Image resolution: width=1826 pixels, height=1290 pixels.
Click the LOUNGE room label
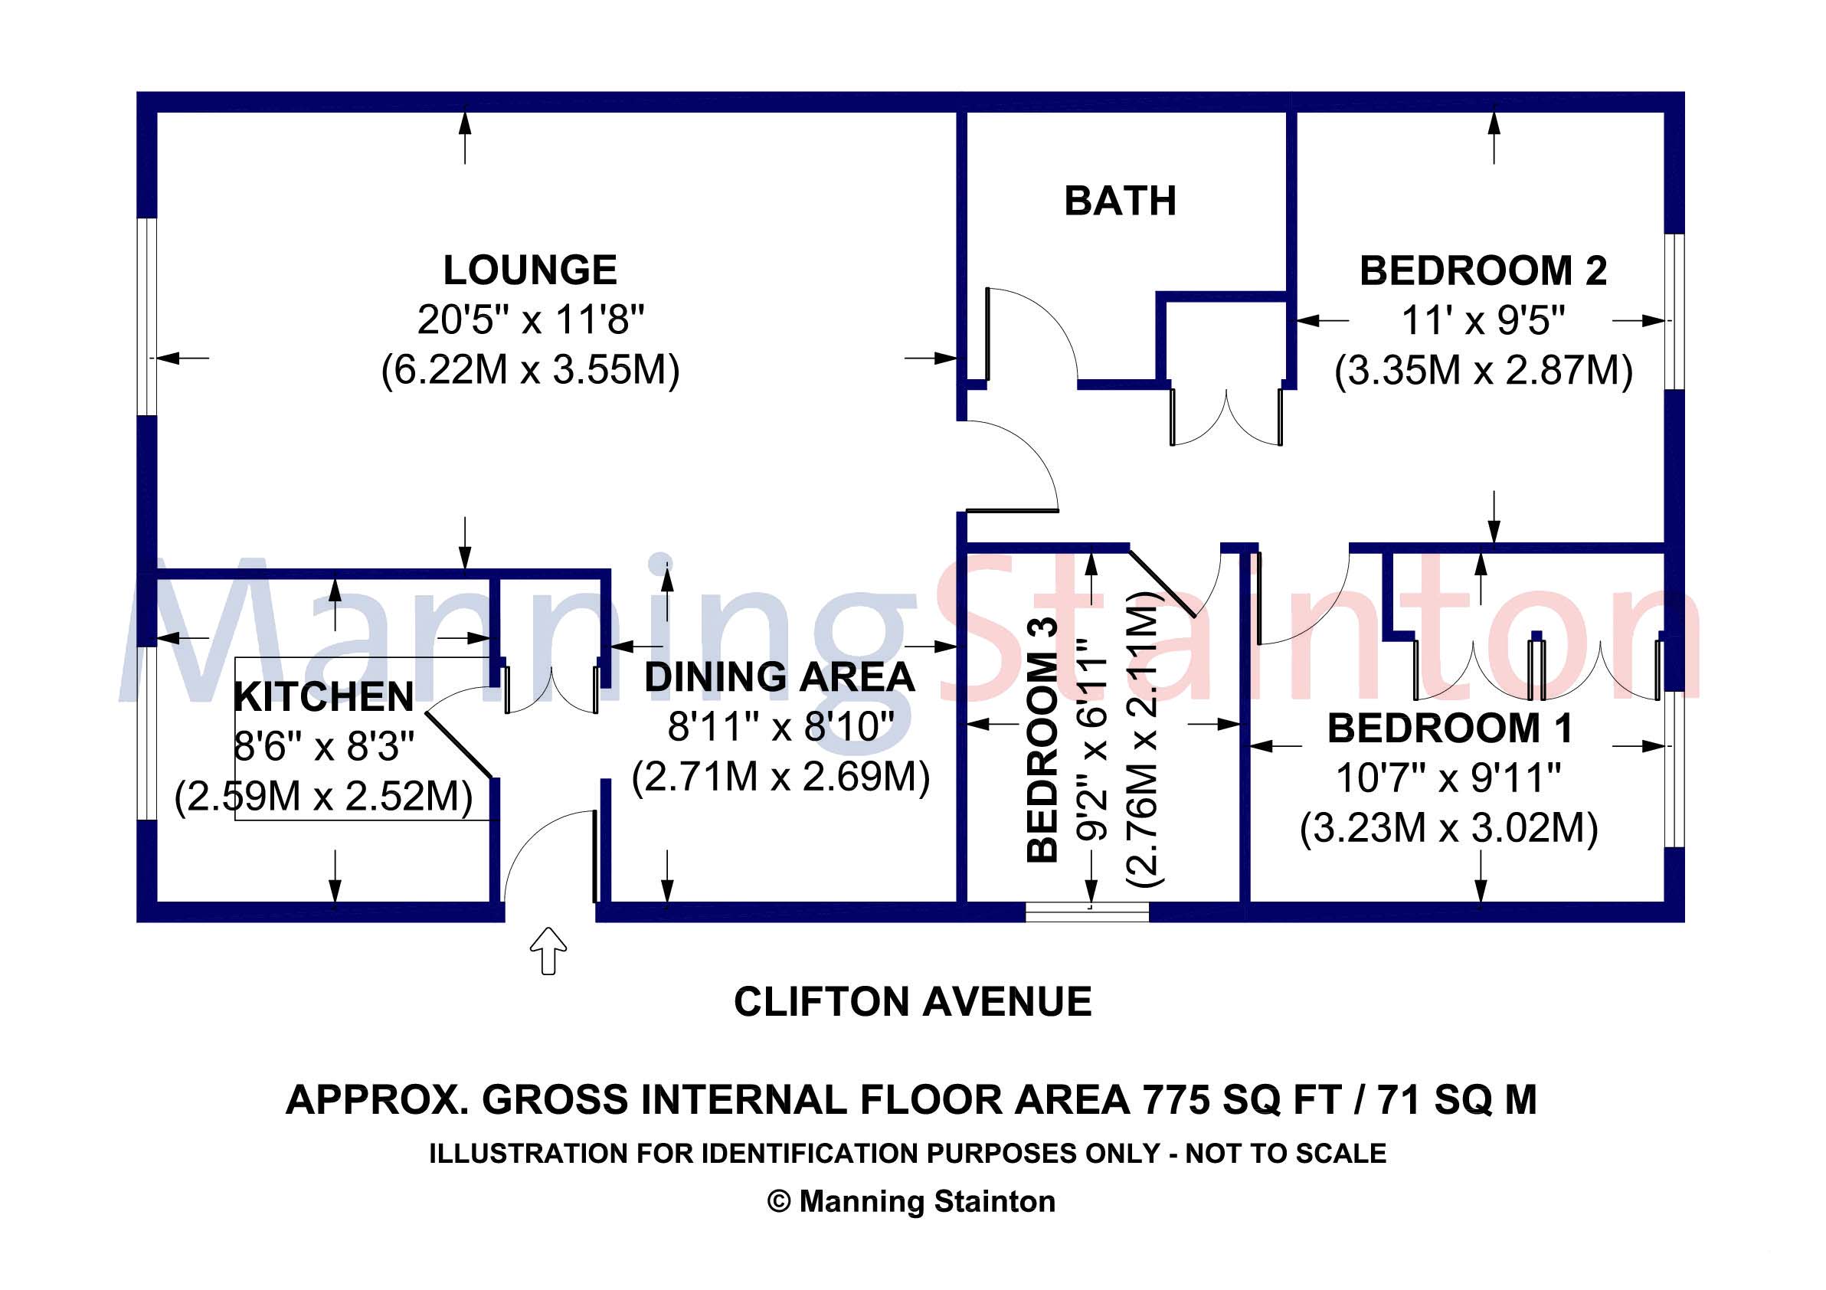tap(530, 270)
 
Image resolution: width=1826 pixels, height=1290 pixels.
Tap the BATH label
tap(1120, 201)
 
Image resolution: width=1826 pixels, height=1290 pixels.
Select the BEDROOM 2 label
tap(1482, 271)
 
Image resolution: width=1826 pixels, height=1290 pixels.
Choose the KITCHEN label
tap(324, 698)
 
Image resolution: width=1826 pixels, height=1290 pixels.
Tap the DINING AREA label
tap(780, 678)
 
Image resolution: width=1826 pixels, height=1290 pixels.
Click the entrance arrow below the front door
tap(548, 950)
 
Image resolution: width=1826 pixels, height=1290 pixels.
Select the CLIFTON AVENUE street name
tap(912, 1002)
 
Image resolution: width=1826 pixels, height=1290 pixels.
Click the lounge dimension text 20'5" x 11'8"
tap(530, 320)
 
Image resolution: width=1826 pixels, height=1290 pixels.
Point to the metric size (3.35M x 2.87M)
tap(1482, 371)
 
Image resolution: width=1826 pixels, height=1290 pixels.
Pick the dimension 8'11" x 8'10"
tap(780, 727)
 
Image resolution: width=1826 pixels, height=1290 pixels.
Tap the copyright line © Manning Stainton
tap(911, 1201)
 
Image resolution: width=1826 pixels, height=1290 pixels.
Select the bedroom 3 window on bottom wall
tap(1086, 912)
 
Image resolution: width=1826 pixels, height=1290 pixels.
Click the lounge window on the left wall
tap(146, 316)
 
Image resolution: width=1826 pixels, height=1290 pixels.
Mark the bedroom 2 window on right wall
tap(1674, 311)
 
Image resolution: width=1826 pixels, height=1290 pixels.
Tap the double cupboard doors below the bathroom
tap(1226, 418)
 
